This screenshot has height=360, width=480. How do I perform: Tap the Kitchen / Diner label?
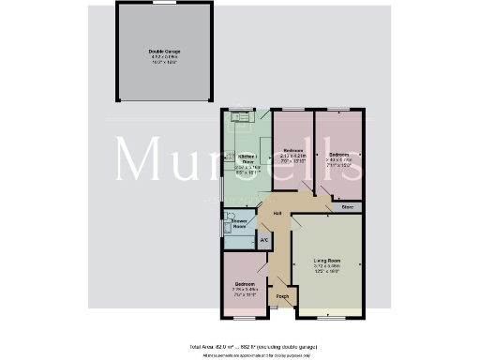[247, 158]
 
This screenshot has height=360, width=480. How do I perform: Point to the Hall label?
[277, 215]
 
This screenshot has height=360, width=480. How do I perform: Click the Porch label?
[281, 297]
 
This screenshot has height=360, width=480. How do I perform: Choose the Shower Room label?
[239, 224]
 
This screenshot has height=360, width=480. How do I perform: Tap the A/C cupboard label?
[263, 240]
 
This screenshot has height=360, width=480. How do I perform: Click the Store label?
[346, 206]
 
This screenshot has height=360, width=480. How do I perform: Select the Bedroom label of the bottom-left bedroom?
[245, 283]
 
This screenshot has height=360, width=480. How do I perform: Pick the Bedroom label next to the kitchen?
[293, 150]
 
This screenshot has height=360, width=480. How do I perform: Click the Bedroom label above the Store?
[338, 154]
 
